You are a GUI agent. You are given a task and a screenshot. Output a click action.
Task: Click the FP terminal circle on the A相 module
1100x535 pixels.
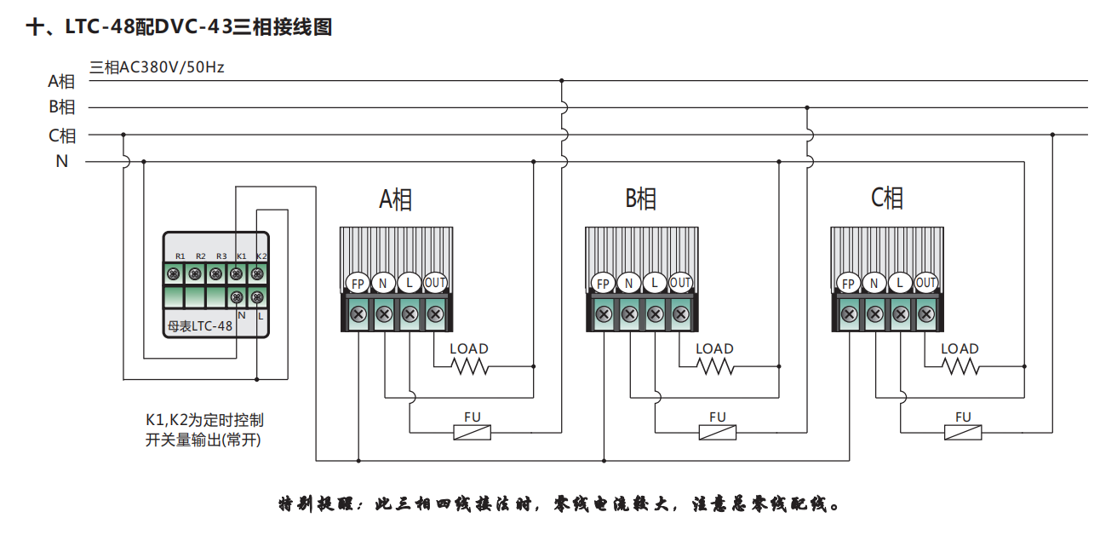pyautogui.click(x=358, y=283)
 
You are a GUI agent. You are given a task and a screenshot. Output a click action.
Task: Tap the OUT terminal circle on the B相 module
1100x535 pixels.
pyautogui.click(x=680, y=283)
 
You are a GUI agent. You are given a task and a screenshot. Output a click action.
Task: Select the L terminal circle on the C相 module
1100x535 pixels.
pyautogui.click(x=900, y=283)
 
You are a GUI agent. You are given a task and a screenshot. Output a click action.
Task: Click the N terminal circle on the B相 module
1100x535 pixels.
pyautogui.click(x=629, y=283)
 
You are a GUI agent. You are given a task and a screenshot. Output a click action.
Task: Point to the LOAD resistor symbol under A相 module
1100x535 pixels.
pyautogui.click(x=469, y=366)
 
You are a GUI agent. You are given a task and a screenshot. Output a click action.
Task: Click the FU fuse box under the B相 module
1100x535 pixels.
pyautogui.click(x=718, y=433)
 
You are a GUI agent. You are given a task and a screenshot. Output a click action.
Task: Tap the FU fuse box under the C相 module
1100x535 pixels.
pyautogui.click(x=963, y=433)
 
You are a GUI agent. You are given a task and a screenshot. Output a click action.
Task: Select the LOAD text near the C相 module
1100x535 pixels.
pyautogui.click(x=960, y=348)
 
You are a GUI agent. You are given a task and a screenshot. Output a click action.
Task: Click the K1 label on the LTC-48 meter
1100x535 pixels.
pyautogui.click(x=241, y=256)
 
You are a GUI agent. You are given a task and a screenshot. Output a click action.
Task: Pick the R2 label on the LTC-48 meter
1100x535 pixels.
pyautogui.click(x=200, y=256)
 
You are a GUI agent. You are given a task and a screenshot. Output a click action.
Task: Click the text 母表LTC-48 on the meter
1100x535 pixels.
pyautogui.click(x=199, y=325)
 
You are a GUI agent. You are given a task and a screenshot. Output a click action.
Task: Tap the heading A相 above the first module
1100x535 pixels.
pyautogui.click(x=396, y=199)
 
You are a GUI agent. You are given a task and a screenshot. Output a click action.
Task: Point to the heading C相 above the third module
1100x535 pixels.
pyautogui.click(x=887, y=198)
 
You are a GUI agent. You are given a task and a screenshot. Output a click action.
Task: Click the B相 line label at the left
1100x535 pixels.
pyautogui.click(x=61, y=107)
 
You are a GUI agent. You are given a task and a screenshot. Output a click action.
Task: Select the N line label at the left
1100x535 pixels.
pyautogui.click(x=61, y=160)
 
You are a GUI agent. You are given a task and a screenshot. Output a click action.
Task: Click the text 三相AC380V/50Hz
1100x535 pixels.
pyautogui.click(x=157, y=66)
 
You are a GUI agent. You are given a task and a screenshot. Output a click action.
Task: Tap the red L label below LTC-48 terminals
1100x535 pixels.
pyautogui.click(x=260, y=315)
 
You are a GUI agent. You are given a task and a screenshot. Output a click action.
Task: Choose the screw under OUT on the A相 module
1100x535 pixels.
pyautogui.click(x=435, y=314)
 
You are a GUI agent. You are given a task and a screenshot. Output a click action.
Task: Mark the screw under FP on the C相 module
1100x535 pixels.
pyautogui.click(x=849, y=314)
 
